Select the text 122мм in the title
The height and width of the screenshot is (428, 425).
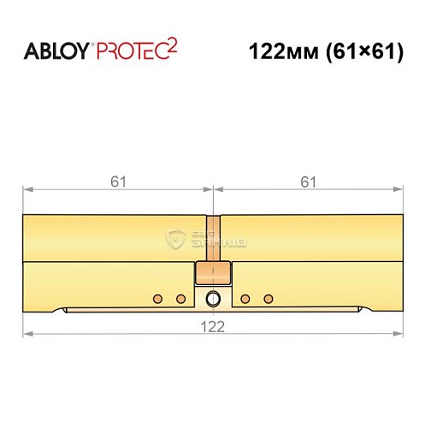pos(277,51)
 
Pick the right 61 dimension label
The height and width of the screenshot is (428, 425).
pos(308,180)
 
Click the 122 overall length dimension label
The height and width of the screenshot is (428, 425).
pos(212,326)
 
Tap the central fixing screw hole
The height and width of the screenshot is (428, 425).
pos(212,298)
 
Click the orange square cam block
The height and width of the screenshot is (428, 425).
pos(212,273)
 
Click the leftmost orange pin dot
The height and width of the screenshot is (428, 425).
pos(156,298)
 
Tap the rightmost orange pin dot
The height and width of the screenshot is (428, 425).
pos(269,298)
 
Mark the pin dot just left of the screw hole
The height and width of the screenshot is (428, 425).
pos(180,298)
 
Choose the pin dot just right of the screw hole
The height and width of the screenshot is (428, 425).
pos(245,298)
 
